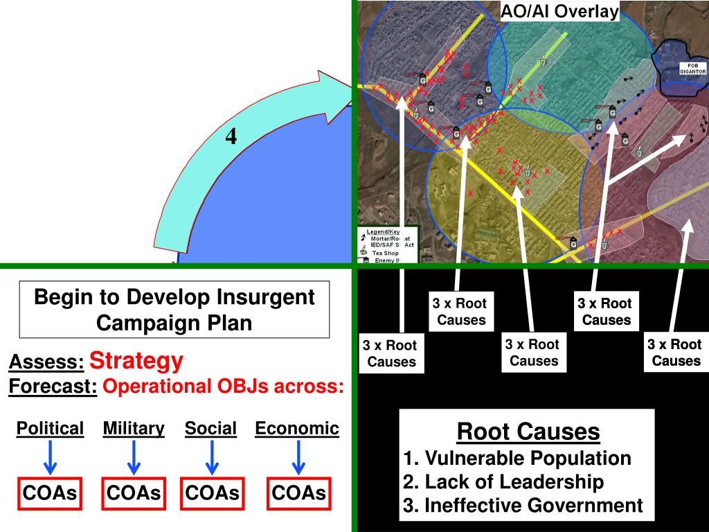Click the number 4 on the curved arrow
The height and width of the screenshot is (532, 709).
click(231, 137)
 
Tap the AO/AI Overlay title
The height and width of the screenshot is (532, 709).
click(559, 11)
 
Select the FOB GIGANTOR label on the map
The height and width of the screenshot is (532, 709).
click(692, 69)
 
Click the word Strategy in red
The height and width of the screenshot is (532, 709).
click(136, 361)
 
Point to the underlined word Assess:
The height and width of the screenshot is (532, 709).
click(46, 362)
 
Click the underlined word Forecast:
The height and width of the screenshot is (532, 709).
click(53, 387)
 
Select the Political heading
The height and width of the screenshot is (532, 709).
click(50, 429)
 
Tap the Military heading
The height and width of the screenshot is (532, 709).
click(134, 429)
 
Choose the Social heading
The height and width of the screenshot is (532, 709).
click(210, 429)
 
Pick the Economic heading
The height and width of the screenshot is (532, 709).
click(297, 429)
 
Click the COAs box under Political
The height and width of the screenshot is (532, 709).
click(50, 493)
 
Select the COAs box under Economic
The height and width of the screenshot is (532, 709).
click(298, 493)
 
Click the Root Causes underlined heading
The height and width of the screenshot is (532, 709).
click(528, 432)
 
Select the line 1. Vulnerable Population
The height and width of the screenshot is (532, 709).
click(517, 458)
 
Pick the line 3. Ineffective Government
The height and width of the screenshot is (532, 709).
click(523, 506)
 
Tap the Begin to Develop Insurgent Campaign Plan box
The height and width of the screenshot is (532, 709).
click(174, 310)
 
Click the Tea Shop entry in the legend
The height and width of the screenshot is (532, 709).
click(385, 253)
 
